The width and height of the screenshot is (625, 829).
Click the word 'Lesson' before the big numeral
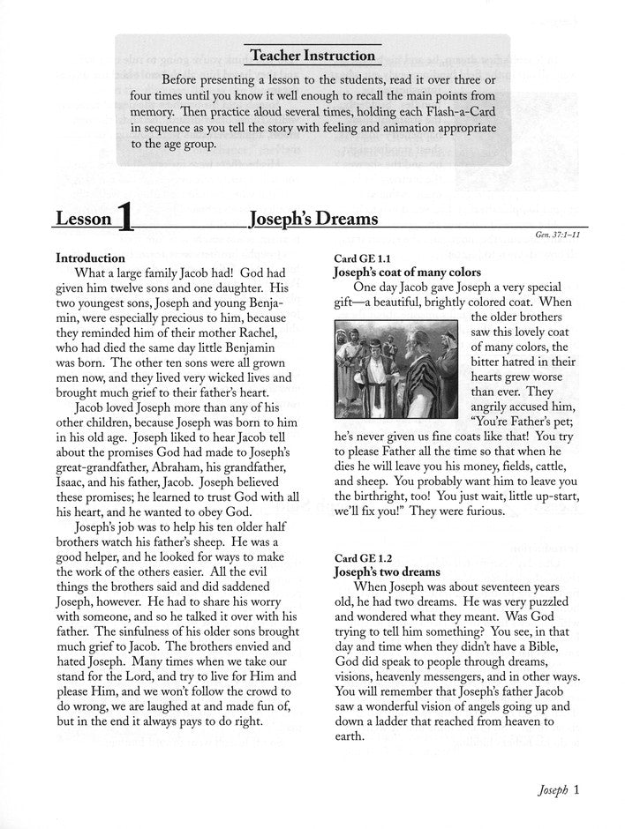84,220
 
